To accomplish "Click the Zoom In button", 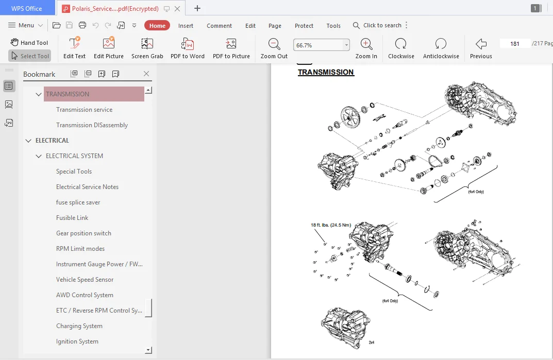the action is point(366,48).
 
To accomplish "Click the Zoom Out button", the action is point(274,48).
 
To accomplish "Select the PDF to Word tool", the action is point(187,48).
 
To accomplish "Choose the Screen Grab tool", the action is point(147,48).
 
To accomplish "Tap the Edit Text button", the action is point(74,48).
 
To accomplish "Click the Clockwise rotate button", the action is point(401,48).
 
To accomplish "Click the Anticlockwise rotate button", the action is point(441,48).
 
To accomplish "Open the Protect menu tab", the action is point(304,26).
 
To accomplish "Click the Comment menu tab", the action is point(219,26).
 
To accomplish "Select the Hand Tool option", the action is point(29,42).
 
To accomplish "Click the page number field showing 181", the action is point(514,44).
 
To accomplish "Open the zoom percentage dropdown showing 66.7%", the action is point(346,45).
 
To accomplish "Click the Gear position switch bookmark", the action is point(83,233).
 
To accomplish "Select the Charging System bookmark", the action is point(79,326).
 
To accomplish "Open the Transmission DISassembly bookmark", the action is point(92,125).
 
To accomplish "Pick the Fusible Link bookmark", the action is point(72,218).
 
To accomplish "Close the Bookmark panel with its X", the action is point(146,74).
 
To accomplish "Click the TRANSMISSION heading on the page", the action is point(326,72).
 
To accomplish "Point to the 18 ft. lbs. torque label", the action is point(331,225).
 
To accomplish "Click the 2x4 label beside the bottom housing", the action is point(372,342).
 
